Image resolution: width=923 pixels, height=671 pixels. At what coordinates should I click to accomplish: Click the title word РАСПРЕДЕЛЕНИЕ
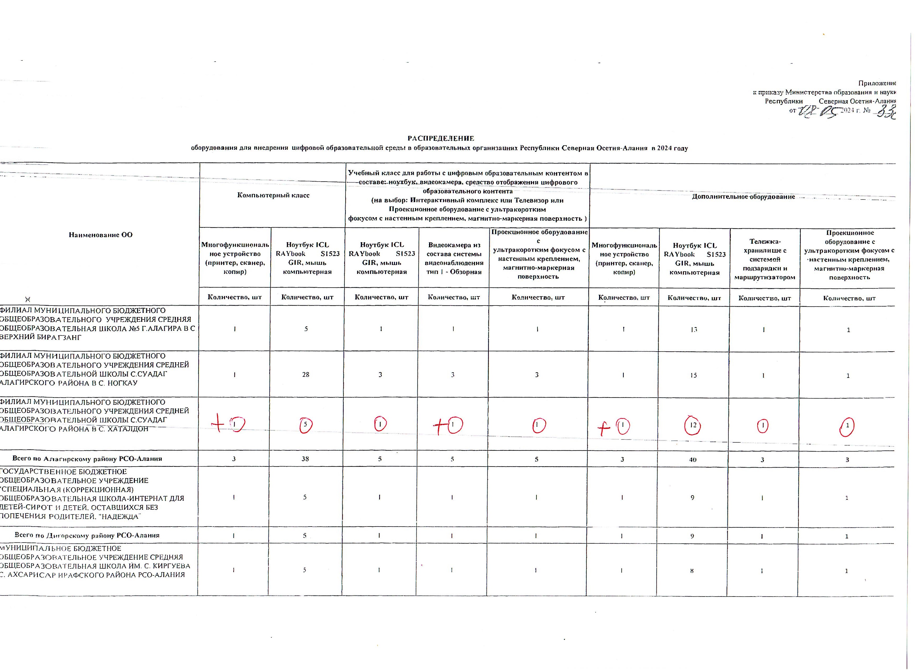tap(441, 138)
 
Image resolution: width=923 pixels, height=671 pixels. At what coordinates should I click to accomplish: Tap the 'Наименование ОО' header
tap(100, 235)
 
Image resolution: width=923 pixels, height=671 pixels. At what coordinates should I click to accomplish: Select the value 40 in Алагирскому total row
tap(693, 460)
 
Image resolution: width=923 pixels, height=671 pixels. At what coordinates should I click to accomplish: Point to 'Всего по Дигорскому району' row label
tap(87, 535)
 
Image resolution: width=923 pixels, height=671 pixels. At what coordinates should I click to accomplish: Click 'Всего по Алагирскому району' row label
tap(87, 458)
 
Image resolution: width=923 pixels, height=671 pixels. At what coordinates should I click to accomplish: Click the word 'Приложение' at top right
tap(877, 83)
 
